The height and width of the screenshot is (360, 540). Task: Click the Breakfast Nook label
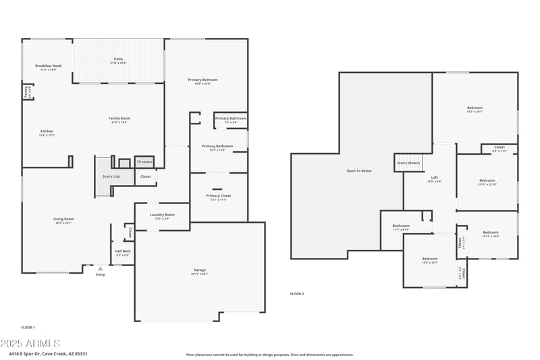[48, 66]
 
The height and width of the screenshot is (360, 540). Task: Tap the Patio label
[118, 59]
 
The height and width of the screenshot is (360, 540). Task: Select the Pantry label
[26, 91]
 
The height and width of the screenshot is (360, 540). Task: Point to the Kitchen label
[47, 131]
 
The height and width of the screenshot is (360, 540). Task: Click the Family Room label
[118, 118]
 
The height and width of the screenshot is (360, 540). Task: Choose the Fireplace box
[144, 162]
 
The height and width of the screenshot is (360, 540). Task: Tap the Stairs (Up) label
[111, 176]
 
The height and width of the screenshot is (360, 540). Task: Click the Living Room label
[63, 219]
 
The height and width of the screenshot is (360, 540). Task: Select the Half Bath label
[122, 251]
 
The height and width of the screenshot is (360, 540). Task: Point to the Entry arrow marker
[101, 268]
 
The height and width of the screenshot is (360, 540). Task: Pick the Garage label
[200, 270]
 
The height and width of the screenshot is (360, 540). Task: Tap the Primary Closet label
[218, 196]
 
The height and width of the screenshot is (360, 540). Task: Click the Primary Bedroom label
[202, 80]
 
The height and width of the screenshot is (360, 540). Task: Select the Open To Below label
[359, 171]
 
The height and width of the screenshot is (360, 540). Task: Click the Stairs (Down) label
[408, 163]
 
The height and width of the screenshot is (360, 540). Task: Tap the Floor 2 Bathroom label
[401, 226]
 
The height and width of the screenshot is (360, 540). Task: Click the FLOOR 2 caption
[297, 294]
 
